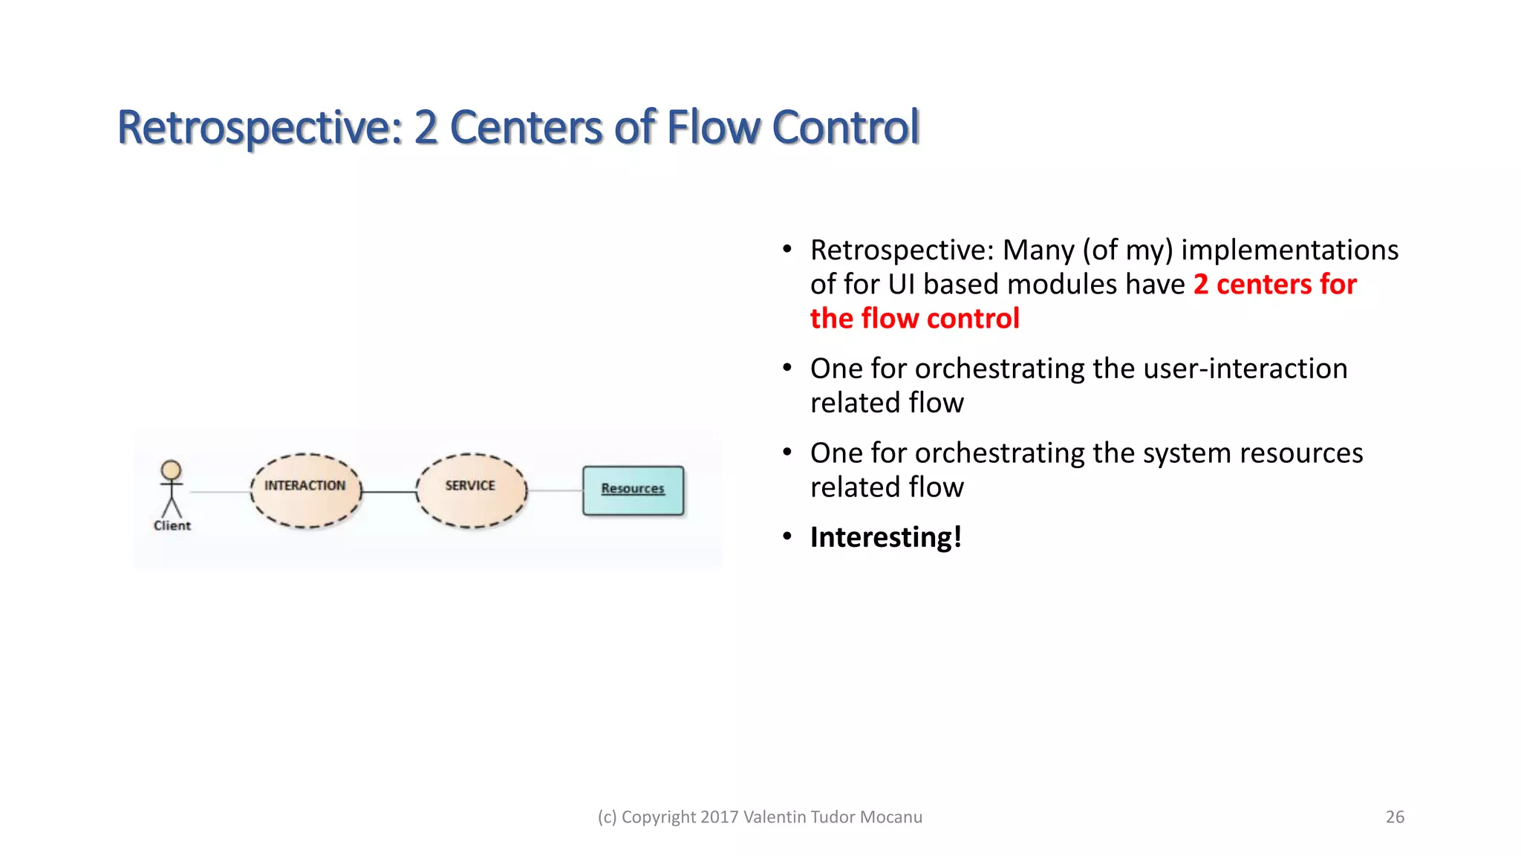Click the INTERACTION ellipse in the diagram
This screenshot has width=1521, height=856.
pos(305,492)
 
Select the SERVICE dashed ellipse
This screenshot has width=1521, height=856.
pos(471,492)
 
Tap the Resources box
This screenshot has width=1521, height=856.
pos(633,490)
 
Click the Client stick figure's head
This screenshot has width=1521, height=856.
pos(172,470)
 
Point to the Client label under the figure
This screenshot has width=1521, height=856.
pos(172,525)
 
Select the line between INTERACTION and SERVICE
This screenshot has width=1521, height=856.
pos(388,492)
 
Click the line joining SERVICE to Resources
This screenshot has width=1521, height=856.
pos(554,490)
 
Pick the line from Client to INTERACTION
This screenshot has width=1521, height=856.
pos(220,492)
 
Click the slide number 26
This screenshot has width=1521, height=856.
pos(1395,817)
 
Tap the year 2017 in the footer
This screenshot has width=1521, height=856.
pos(719,817)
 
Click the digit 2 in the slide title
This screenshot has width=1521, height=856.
pos(426,127)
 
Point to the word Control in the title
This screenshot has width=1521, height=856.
pos(846,127)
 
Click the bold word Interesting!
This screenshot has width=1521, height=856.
pos(885,537)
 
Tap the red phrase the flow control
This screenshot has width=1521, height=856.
pos(914,318)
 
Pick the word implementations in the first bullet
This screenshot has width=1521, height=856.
pos(1289,250)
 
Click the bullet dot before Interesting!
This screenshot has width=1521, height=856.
pos(787,536)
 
